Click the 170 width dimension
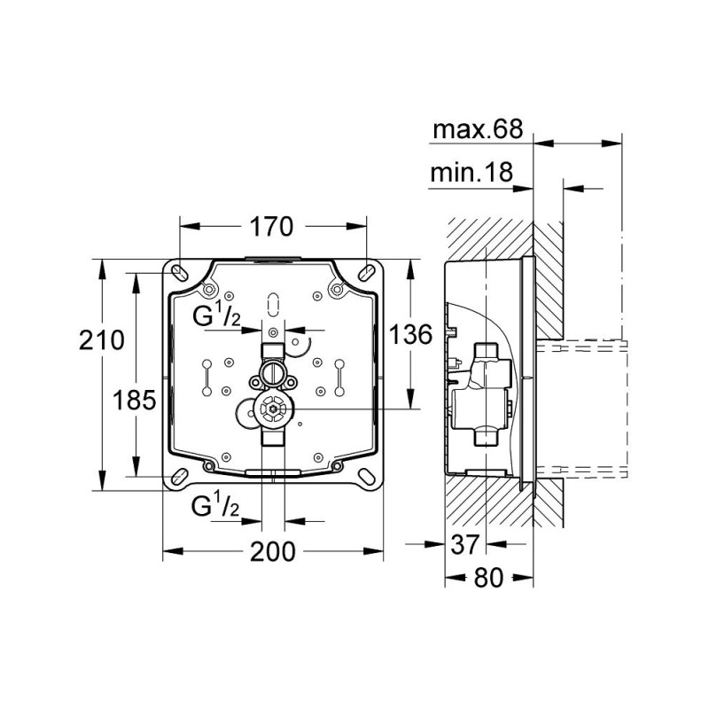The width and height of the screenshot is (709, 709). tap(270, 227)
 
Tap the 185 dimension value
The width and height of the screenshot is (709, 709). tap(135, 400)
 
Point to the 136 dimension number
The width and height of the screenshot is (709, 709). tap(410, 335)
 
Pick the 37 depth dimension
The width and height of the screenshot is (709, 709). tap(464, 542)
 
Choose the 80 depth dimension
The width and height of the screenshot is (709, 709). tap(487, 578)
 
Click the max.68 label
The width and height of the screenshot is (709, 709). tap(477, 130)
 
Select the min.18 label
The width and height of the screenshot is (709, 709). tap(471, 175)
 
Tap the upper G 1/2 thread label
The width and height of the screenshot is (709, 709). tap(217, 316)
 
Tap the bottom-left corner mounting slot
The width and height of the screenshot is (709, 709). tap(179, 477)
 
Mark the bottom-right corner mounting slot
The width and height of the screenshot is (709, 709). tap(366, 477)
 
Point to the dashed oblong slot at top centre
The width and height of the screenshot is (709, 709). tap(273, 303)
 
